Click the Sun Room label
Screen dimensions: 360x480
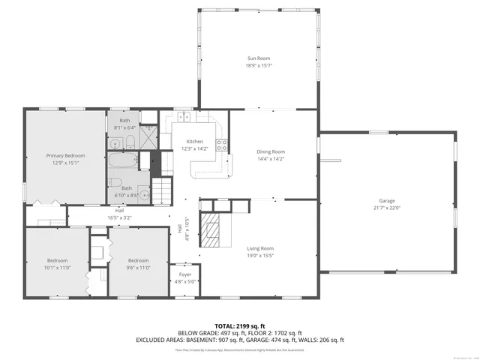(259, 58)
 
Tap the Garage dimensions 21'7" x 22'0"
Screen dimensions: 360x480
(387, 208)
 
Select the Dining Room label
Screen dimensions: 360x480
(271, 151)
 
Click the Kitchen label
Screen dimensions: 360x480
(195, 142)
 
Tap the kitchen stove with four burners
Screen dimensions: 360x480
(222, 145)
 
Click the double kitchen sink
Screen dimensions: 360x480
(184, 116)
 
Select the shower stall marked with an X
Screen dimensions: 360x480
(149, 135)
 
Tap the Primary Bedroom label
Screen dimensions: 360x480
(65, 155)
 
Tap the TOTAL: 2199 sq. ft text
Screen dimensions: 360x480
(240, 325)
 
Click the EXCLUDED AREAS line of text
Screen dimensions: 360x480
(240, 339)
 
